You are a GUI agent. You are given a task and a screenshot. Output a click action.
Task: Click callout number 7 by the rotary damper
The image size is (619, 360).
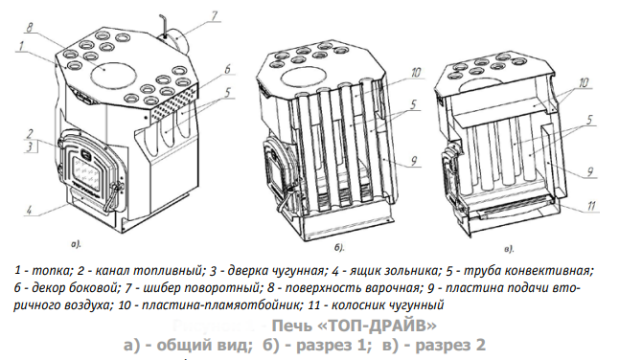(x=214, y=16)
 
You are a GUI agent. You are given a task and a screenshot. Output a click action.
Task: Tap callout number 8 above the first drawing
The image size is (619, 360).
(x=30, y=28)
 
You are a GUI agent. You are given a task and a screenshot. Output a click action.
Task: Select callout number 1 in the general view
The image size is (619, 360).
(x=21, y=47)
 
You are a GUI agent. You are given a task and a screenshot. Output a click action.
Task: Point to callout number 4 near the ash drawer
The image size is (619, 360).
(x=29, y=210)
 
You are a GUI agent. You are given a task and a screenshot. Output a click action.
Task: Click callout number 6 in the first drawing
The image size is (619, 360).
(x=227, y=69)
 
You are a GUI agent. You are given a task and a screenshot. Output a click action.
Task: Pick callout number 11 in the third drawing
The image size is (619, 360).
(x=591, y=206)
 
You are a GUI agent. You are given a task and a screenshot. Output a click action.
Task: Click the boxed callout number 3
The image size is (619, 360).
(x=30, y=147)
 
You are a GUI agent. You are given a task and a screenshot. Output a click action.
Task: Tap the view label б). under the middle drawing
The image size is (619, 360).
(x=339, y=248)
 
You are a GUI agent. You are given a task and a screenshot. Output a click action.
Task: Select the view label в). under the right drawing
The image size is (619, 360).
(x=509, y=249)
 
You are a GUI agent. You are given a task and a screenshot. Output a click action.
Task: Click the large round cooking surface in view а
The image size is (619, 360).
(x=114, y=74)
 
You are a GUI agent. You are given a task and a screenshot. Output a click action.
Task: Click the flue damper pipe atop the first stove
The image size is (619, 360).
(x=176, y=41)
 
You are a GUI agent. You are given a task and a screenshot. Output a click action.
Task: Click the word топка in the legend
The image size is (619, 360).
(x=52, y=271)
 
